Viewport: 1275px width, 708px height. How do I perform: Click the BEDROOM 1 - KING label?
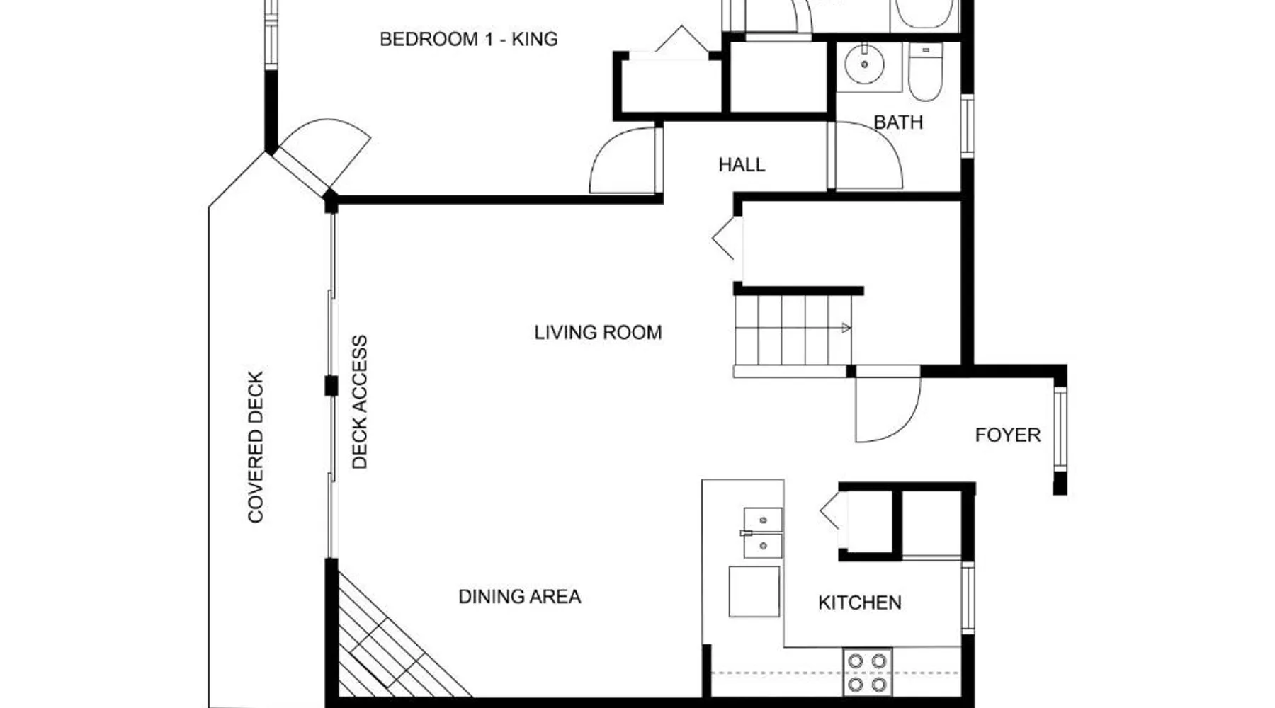click(468, 39)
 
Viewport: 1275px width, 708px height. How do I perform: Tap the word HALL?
click(742, 165)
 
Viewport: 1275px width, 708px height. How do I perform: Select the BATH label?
click(898, 122)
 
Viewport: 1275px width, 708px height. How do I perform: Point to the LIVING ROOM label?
click(598, 333)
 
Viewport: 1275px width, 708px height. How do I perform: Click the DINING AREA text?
click(519, 597)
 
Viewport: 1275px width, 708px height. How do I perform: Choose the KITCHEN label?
click(859, 603)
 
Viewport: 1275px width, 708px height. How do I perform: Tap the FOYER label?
click(1007, 435)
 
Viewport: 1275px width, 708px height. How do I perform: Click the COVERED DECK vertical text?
click(256, 447)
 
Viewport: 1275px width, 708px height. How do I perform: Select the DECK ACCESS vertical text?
click(360, 401)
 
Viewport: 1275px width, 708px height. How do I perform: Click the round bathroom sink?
click(864, 64)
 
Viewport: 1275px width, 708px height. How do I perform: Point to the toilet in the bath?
click(925, 71)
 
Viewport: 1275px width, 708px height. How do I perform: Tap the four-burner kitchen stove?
click(867, 672)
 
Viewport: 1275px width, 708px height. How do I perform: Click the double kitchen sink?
click(763, 532)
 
